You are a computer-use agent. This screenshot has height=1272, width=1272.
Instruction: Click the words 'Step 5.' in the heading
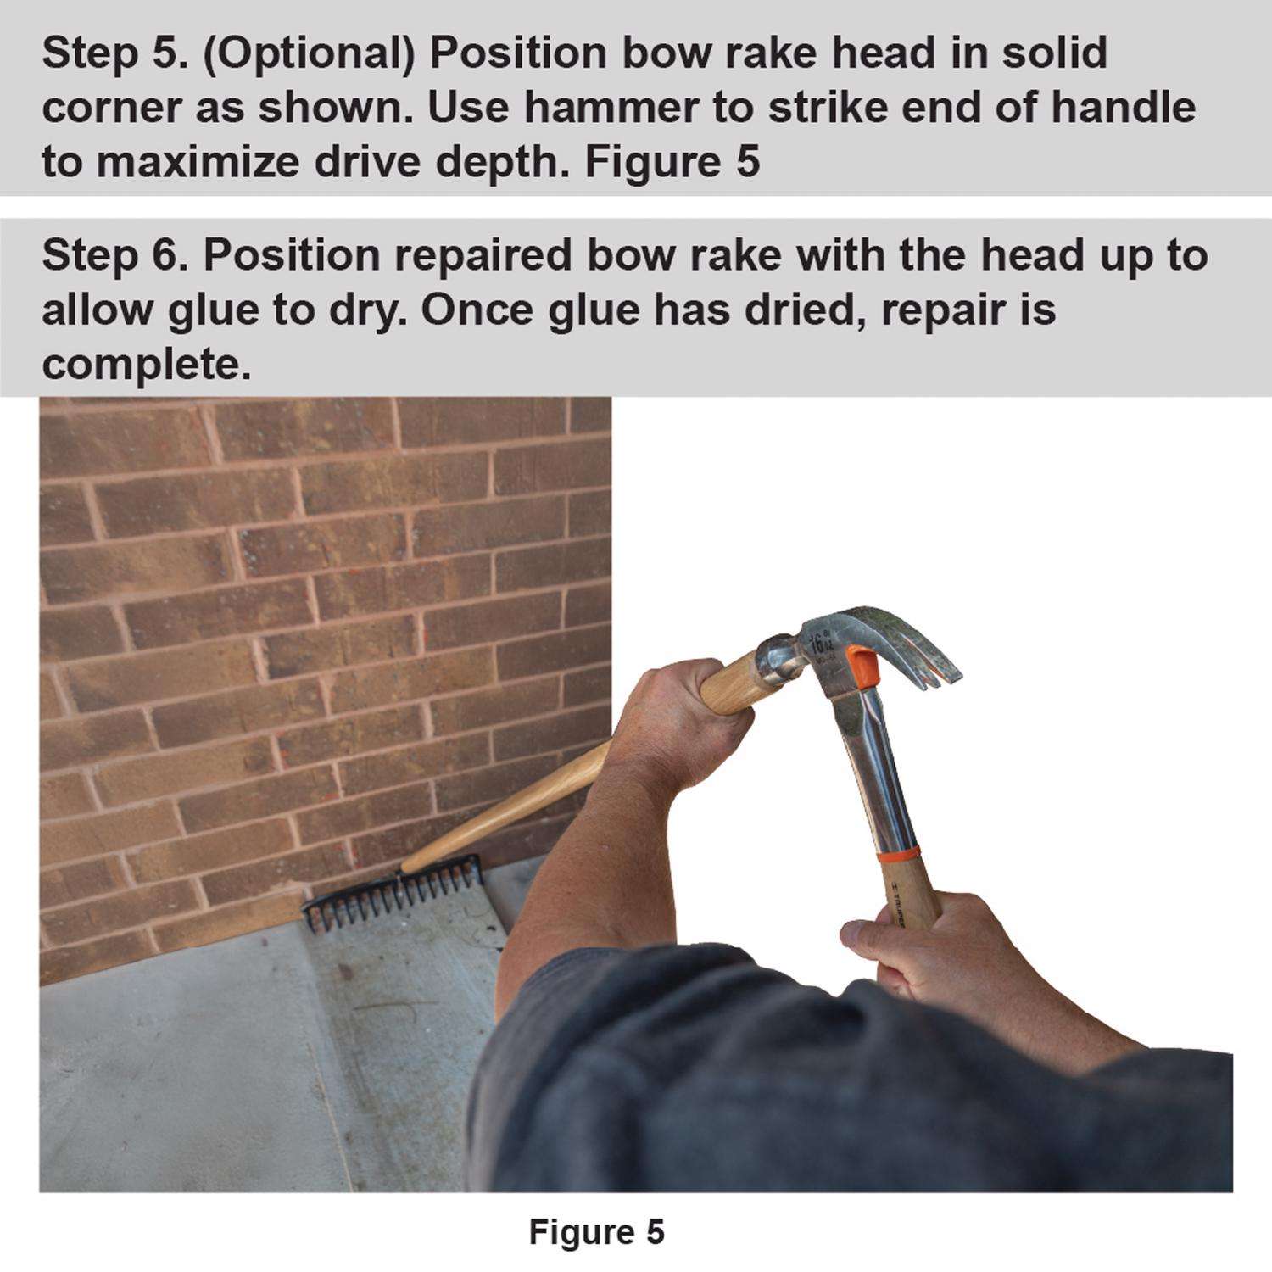click(105, 53)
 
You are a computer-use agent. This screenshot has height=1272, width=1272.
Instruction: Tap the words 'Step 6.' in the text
click(105, 255)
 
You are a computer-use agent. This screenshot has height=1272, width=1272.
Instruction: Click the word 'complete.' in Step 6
click(146, 365)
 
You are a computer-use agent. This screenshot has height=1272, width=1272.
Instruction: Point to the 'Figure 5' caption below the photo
click(597, 1232)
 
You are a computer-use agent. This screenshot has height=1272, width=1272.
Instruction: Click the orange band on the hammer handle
click(897, 851)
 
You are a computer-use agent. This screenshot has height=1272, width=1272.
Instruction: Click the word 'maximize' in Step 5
click(196, 162)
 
